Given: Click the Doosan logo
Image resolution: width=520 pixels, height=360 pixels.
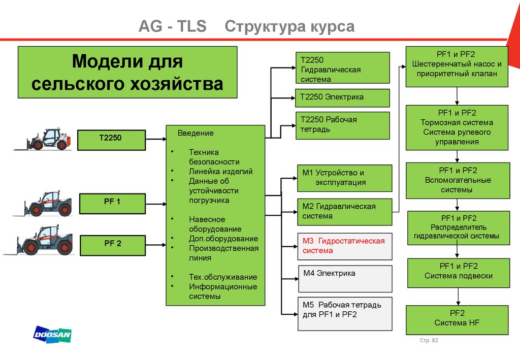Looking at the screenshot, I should pos(52,335).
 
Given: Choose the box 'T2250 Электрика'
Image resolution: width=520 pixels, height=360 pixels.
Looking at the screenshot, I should pos(342,97).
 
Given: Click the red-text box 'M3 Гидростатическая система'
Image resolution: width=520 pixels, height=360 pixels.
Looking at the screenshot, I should pos(345,246).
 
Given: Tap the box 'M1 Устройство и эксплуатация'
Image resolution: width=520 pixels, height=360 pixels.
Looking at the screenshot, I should pos(345,178).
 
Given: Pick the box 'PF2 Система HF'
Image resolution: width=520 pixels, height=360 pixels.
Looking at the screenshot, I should pos(457,319).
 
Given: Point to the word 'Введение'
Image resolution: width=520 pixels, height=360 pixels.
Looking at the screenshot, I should pos(196,133).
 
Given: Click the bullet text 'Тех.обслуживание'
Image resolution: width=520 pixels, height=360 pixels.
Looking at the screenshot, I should pos(223,277).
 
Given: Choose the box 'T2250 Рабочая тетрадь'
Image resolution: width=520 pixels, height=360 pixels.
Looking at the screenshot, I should pos(342,125).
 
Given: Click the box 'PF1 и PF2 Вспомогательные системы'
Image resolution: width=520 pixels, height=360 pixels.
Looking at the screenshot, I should pos(458,180).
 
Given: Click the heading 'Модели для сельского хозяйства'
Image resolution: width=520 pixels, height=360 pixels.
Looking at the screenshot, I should pos(127,72).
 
